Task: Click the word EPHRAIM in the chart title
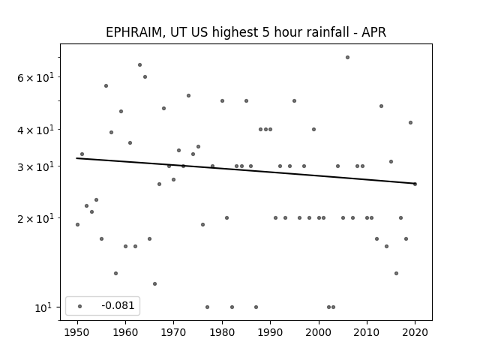(133, 32)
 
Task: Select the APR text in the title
(373, 32)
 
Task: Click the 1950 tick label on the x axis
(77, 333)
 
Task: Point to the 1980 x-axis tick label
(222, 333)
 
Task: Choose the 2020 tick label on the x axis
(415, 333)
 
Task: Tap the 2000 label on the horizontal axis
(319, 333)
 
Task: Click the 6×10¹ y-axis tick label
(35, 77)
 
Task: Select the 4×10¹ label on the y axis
(35, 130)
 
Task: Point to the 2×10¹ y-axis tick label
(35, 218)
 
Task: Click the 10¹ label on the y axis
(44, 307)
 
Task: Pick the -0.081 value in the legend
(118, 305)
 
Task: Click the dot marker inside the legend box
(80, 307)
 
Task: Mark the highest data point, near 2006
(347, 58)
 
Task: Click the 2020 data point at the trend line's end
(415, 184)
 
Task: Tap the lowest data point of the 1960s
(155, 284)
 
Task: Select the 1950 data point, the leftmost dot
(77, 225)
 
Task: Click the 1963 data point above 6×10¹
(140, 65)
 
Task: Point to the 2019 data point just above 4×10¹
(410, 123)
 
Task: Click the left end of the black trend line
(76, 158)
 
